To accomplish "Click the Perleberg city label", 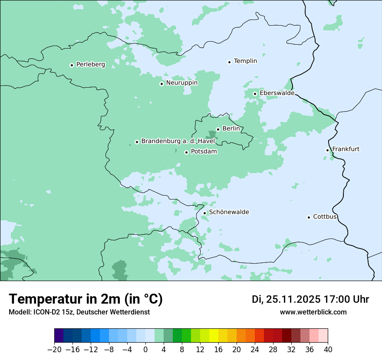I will [90, 65].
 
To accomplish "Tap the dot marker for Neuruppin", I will [161, 84].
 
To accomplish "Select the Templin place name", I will [245, 61].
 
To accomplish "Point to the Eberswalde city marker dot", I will [255, 94].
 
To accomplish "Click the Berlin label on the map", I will [231, 129].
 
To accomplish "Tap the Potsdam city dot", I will [186, 152].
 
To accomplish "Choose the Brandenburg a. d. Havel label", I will [178, 141].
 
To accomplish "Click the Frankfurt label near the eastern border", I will [346, 149].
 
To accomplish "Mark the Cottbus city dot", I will [309, 217].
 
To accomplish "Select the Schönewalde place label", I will [229, 213].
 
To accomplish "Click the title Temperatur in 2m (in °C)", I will [86, 299].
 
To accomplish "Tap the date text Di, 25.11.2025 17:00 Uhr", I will [310, 299].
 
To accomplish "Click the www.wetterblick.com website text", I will [313, 312].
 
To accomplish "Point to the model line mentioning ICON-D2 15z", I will [79, 312].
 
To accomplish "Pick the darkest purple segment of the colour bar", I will [59, 336].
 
